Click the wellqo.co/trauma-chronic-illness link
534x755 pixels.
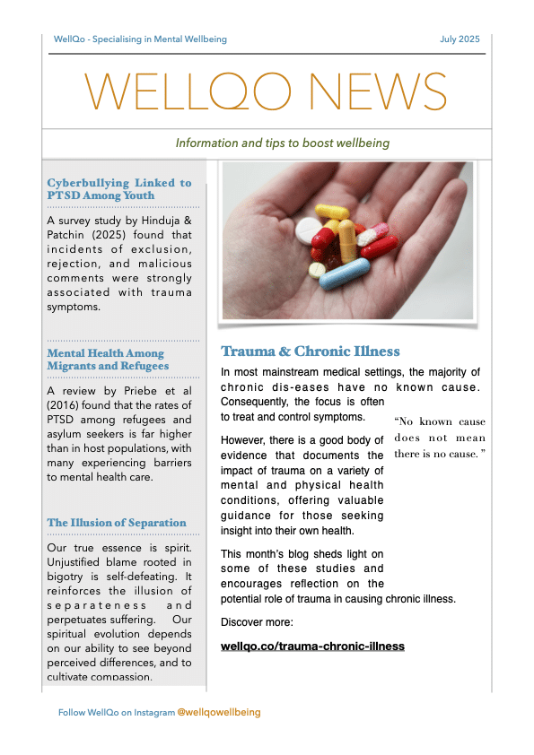312,646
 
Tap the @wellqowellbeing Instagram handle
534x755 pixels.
219,712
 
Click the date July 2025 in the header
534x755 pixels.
460,39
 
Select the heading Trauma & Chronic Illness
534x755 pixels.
311,351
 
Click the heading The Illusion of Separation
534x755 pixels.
117,523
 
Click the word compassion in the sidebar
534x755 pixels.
118,676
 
